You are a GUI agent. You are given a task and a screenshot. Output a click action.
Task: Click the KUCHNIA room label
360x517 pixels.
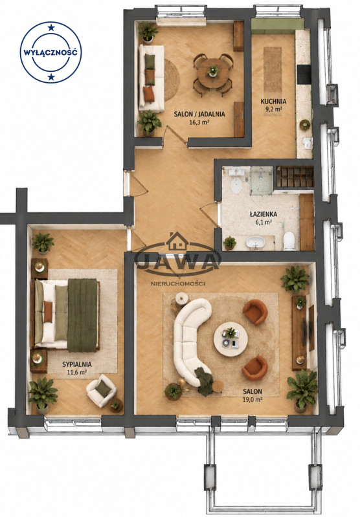(273, 102)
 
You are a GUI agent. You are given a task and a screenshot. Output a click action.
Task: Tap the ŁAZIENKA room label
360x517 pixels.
(264, 214)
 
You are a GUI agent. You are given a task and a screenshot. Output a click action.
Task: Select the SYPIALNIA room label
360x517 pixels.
(77, 364)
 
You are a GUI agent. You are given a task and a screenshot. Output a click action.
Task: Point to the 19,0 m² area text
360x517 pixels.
(253, 400)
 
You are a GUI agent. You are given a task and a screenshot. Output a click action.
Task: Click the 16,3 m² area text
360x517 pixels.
(199, 122)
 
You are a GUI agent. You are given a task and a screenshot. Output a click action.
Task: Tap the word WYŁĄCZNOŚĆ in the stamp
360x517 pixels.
(51, 52)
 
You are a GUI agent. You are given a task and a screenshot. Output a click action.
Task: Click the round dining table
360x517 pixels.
(213, 73)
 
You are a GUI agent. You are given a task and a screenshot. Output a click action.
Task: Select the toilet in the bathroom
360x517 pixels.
(289, 241)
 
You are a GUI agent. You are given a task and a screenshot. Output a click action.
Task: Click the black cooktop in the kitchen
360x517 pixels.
(304, 74)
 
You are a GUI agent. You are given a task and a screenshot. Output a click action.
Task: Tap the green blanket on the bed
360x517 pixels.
(82, 315)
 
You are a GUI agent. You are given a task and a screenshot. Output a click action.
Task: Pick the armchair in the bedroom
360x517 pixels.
(101, 390)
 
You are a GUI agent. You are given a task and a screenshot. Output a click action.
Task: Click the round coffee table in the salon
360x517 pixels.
(231, 339)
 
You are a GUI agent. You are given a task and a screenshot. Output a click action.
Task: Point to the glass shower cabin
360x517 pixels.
(262, 181)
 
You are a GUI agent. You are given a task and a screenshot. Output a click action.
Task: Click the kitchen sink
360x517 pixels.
(307, 143)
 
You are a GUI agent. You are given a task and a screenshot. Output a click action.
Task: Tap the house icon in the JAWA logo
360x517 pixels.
(177, 241)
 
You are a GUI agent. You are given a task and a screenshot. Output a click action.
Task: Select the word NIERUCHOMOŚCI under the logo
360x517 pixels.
(177, 283)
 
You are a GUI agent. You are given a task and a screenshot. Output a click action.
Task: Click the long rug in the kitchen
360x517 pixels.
(273, 70)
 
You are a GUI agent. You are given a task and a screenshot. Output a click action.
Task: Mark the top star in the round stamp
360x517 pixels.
(51, 27)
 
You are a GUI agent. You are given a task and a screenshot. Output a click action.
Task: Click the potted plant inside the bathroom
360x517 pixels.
(230, 243)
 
